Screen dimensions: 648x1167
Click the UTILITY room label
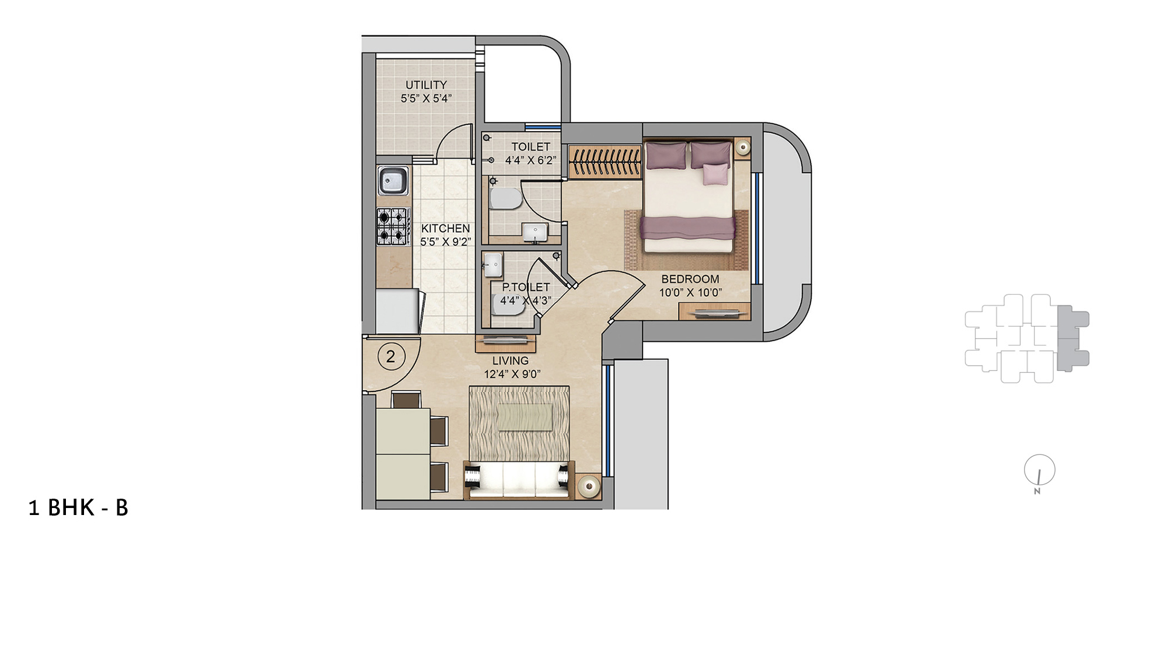tap(426, 85)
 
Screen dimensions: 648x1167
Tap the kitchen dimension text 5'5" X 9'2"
tap(445, 242)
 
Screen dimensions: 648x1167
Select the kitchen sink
tap(393, 180)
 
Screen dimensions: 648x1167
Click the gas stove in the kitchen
tap(393, 226)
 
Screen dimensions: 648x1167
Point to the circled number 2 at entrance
tap(391, 356)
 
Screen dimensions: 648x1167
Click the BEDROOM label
tap(690, 279)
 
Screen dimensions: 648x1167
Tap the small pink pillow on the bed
tap(715, 174)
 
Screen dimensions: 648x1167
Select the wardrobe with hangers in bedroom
tap(605, 161)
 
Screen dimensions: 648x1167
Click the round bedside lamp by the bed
tap(742, 147)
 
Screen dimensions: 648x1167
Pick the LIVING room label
tap(510, 361)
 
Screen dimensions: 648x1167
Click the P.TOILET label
tap(526, 287)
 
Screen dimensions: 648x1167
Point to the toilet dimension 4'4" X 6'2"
tap(530, 160)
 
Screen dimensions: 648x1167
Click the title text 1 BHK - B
tap(78, 508)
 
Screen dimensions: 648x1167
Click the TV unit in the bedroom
tap(714, 313)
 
